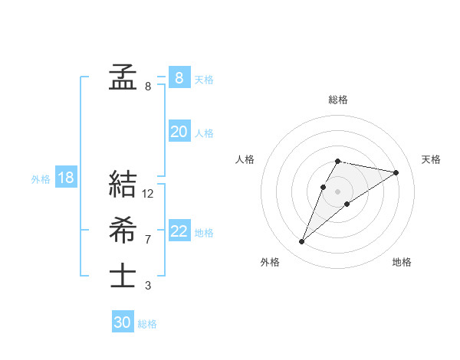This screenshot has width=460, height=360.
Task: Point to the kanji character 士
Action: click(123, 276)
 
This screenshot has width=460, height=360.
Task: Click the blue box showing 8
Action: click(179, 77)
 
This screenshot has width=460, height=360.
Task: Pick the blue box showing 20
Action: click(179, 132)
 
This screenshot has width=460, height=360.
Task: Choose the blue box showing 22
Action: click(179, 231)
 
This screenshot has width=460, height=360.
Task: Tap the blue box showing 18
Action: click(65, 178)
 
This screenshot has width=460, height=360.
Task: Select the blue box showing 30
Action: click(123, 322)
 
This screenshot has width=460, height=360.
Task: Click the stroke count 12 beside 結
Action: click(148, 194)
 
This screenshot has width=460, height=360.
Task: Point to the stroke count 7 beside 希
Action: click(148, 240)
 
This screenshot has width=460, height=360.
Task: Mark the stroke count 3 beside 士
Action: click(148, 286)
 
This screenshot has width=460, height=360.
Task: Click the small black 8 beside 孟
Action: click(148, 87)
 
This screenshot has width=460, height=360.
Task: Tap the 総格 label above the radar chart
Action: click(337, 100)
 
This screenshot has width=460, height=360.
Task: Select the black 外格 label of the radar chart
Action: click(269, 262)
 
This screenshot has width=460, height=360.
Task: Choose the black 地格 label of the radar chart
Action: click(402, 262)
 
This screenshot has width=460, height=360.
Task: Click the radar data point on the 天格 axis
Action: click(396, 172)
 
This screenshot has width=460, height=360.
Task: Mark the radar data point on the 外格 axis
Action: click(302, 242)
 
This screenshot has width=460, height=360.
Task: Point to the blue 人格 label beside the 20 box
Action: click(204, 133)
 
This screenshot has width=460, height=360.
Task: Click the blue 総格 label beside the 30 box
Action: click(147, 324)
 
